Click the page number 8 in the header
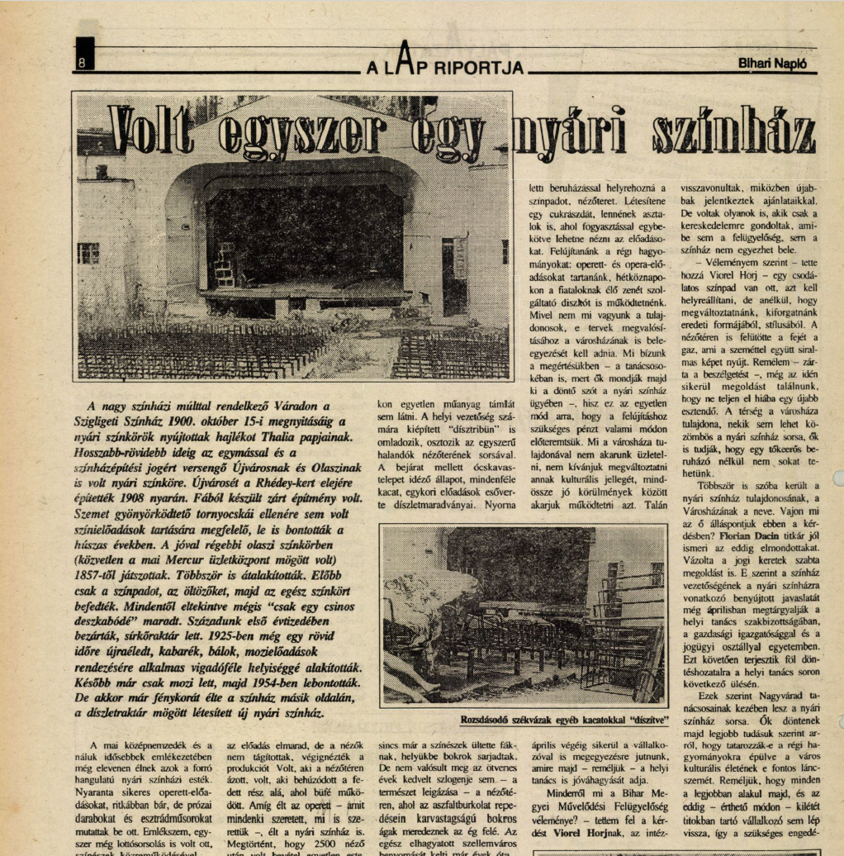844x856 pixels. point(82,63)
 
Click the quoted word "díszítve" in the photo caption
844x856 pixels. point(635,718)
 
